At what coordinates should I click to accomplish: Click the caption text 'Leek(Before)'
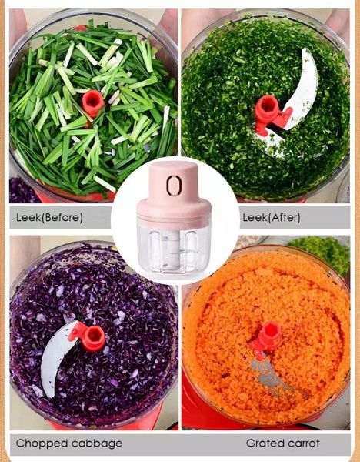[49, 217]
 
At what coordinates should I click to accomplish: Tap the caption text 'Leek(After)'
[272, 217]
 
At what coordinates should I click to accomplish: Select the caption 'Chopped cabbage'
[69, 444]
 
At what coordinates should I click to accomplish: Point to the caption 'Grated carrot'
[283, 444]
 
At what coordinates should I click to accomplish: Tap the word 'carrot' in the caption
[304, 444]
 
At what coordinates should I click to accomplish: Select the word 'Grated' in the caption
[265, 444]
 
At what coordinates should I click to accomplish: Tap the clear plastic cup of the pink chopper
[174, 247]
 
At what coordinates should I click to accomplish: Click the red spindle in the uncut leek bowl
[93, 103]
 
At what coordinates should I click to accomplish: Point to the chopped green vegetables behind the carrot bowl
[319, 253]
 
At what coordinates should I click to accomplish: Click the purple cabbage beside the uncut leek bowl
[22, 190]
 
